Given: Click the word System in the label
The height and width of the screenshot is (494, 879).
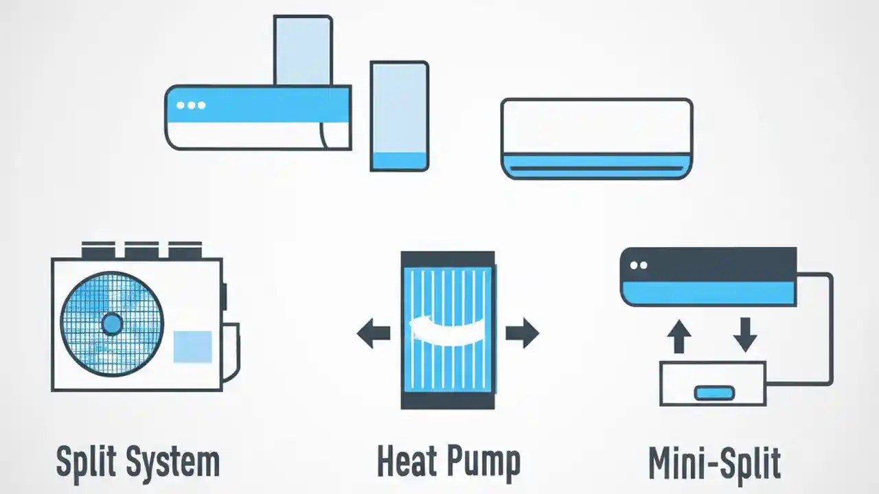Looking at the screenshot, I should click(x=174, y=462).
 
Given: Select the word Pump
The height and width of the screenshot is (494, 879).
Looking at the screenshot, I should click(x=484, y=462).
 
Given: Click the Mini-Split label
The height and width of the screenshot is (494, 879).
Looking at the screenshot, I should click(x=714, y=462).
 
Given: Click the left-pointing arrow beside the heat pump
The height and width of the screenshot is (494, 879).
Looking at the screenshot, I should click(x=373, y=333).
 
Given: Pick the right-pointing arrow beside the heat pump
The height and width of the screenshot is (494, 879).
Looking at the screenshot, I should click(x=523, y=333).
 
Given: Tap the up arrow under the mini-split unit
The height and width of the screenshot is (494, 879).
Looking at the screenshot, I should click(x=679, y=336).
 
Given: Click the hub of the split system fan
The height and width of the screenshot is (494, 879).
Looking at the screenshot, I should click(x=112, y=323).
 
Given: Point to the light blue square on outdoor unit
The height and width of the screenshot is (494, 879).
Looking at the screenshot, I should click(x=192, y=346).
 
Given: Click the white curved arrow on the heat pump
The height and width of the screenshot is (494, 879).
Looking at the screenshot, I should click(x=446, y=332).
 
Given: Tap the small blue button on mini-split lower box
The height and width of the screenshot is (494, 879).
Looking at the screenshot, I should click(x=714, y=393).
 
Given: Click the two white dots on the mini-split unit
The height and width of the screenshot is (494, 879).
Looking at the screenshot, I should click(x=639, y=266).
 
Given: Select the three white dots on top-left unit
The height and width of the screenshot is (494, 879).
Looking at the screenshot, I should click(x=191, y=106).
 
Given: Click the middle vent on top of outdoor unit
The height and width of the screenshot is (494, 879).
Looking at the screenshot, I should click(x=141, y=250).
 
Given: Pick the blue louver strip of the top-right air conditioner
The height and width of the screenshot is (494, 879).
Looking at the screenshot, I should click(x=596, y=166).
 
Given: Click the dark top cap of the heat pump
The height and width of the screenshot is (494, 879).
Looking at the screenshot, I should click(x=448, y=259).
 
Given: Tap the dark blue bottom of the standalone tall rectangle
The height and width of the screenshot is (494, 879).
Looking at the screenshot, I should click(x=400, y=161).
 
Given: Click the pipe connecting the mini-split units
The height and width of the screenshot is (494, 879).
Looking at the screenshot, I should click(x=831, y=329).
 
